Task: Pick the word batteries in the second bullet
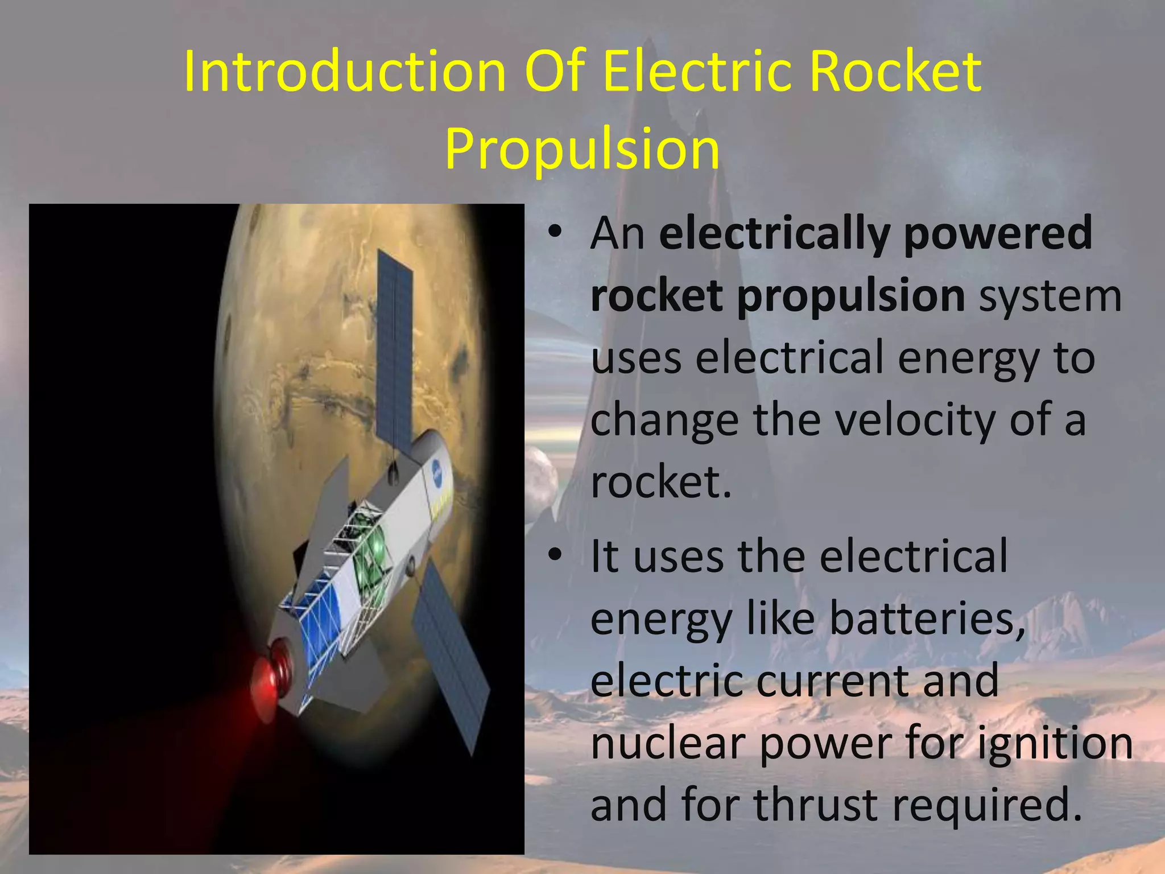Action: (x=927, y=619)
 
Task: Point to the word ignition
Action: (x=1055, y=743)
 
